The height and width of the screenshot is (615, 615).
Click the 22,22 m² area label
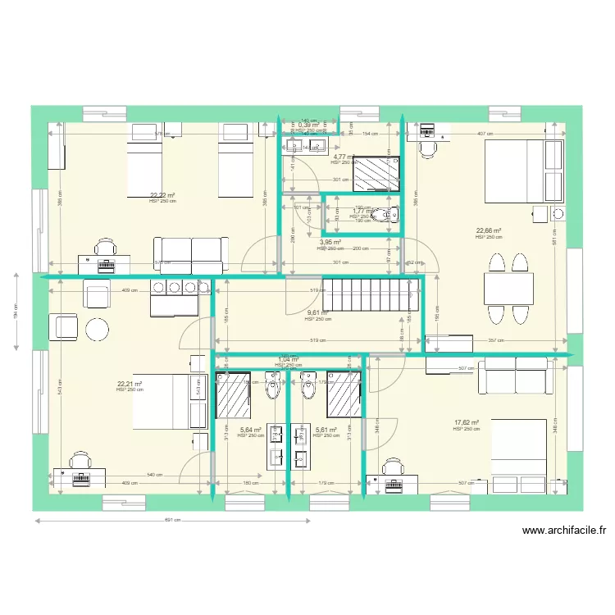pyautogui.click(x=162, y=196)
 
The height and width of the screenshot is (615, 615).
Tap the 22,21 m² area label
pyautogui.click(x=130, y=384)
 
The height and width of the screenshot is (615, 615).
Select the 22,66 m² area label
pyautogui.click(x=489, y=231)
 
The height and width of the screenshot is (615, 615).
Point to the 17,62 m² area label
pyautogui.click(x=467, y=423)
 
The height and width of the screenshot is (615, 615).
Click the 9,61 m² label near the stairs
pyautogui.click(x=317, y=312)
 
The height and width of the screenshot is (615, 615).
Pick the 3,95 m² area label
pyautogui.click(x=329, y=243)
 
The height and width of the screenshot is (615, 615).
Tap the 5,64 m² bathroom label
pyautogui.click(x=250, y=429)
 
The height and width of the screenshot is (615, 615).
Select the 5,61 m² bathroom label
pyautogui.click(x=326, y=429)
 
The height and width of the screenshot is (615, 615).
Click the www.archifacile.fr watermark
pyautogui.click(x=563, y=531)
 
